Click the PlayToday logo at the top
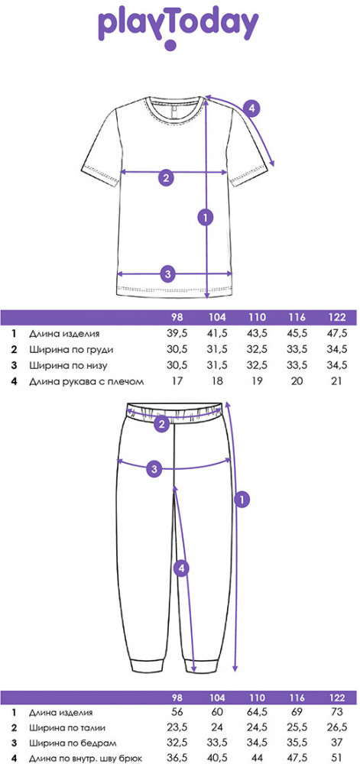click(178, 29)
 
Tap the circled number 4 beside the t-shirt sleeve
click(251, 108)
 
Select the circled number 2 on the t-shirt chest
click(166, 178)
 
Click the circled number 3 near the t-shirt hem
click(167, 274)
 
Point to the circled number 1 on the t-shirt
click(206, 217)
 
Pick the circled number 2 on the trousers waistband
click(162, 424)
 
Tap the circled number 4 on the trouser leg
click(180, 568)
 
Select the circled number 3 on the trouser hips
click(154, 470)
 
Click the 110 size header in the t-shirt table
click(258, 318)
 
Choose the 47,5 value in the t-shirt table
click(337, 334)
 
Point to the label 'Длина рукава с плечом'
click(86, 381)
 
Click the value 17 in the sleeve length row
click(177, 381)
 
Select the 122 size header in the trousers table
click(337, 698)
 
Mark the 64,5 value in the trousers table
click(258, 712)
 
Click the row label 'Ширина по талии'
click(67, 728)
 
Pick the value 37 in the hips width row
click(337, 743)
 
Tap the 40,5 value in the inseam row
click(217, 759)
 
